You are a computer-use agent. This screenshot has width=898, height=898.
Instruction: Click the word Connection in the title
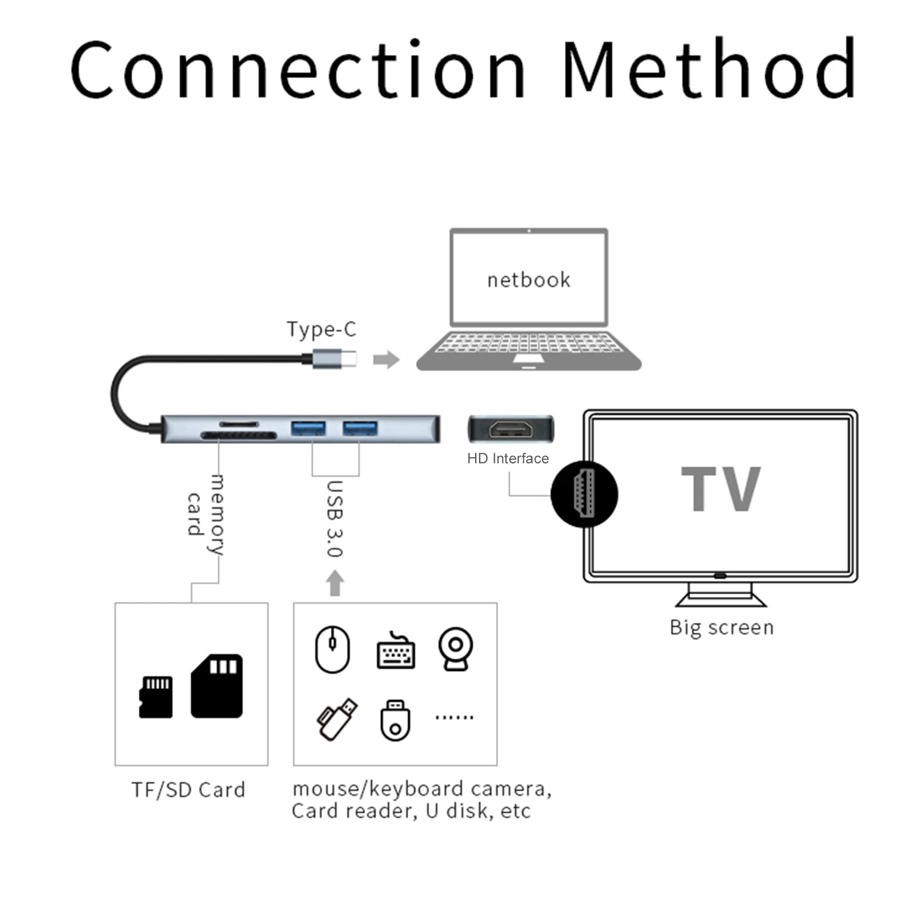click(297, 70)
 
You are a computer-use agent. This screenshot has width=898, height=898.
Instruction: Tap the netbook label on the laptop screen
click(528, 280)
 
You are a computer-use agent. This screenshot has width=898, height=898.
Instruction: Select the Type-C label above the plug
click(321, 329)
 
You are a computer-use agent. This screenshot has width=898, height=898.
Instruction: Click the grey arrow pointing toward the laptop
click(386, 360)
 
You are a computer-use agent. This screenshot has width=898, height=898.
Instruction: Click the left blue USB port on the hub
click(308, 428)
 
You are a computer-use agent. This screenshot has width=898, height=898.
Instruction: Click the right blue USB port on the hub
click(360, 428)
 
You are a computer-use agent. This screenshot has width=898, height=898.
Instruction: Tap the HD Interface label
click(508, 459)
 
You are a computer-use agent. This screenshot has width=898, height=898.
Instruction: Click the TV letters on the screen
click(721, 489)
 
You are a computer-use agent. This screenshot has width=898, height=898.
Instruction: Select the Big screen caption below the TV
click(721, 627)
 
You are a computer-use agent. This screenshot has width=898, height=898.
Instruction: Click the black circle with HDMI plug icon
click(584, 494)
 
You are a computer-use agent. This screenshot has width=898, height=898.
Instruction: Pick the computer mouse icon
click(332, 650)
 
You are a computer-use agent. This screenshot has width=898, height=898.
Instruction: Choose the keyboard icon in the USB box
click(395, 652)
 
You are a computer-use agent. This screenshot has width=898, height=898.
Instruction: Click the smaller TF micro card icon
click(156, 697)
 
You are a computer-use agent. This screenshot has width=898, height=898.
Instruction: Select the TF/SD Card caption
click(188, 790)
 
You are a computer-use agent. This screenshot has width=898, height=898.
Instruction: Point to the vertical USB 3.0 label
click(335, 519)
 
